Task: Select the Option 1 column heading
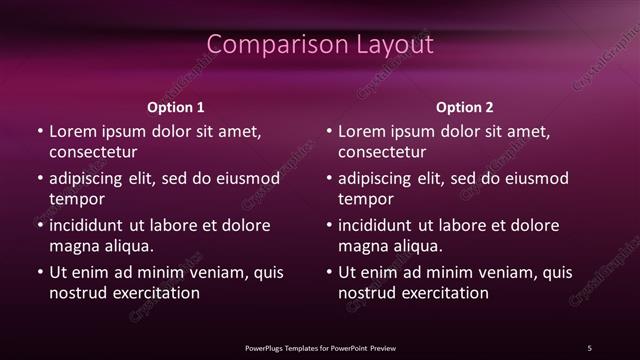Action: [x=176, y=107]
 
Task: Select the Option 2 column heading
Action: [x=465, y=107]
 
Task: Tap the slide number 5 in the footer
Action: [x=590, y=347]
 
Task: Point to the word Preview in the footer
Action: [x=382, y=347]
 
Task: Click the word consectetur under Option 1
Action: [x=93, y=153]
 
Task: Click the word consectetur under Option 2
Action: [x=382, y=153]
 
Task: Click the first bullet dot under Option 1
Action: [x=40, y=132]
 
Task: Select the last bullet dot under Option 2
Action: [x=329, y=273]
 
